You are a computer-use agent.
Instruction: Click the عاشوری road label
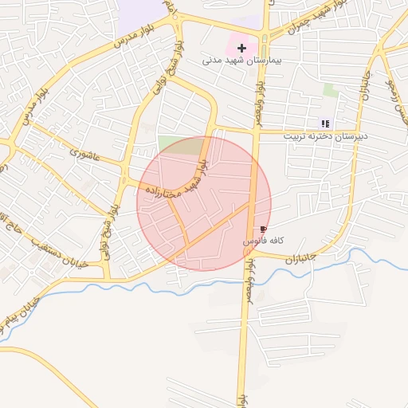[x=84, y=151]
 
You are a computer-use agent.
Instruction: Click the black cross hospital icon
[x=241, y=48]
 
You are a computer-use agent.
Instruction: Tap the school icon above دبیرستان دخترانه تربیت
[x=325, y=123]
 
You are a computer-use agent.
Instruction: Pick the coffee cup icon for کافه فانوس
[x=264, y=229]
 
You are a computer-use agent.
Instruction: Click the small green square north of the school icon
[x=330, y=91]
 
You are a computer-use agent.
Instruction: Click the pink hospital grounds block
[x=244, y=43]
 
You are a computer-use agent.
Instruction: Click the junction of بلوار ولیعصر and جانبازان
[x=249, y=253]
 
